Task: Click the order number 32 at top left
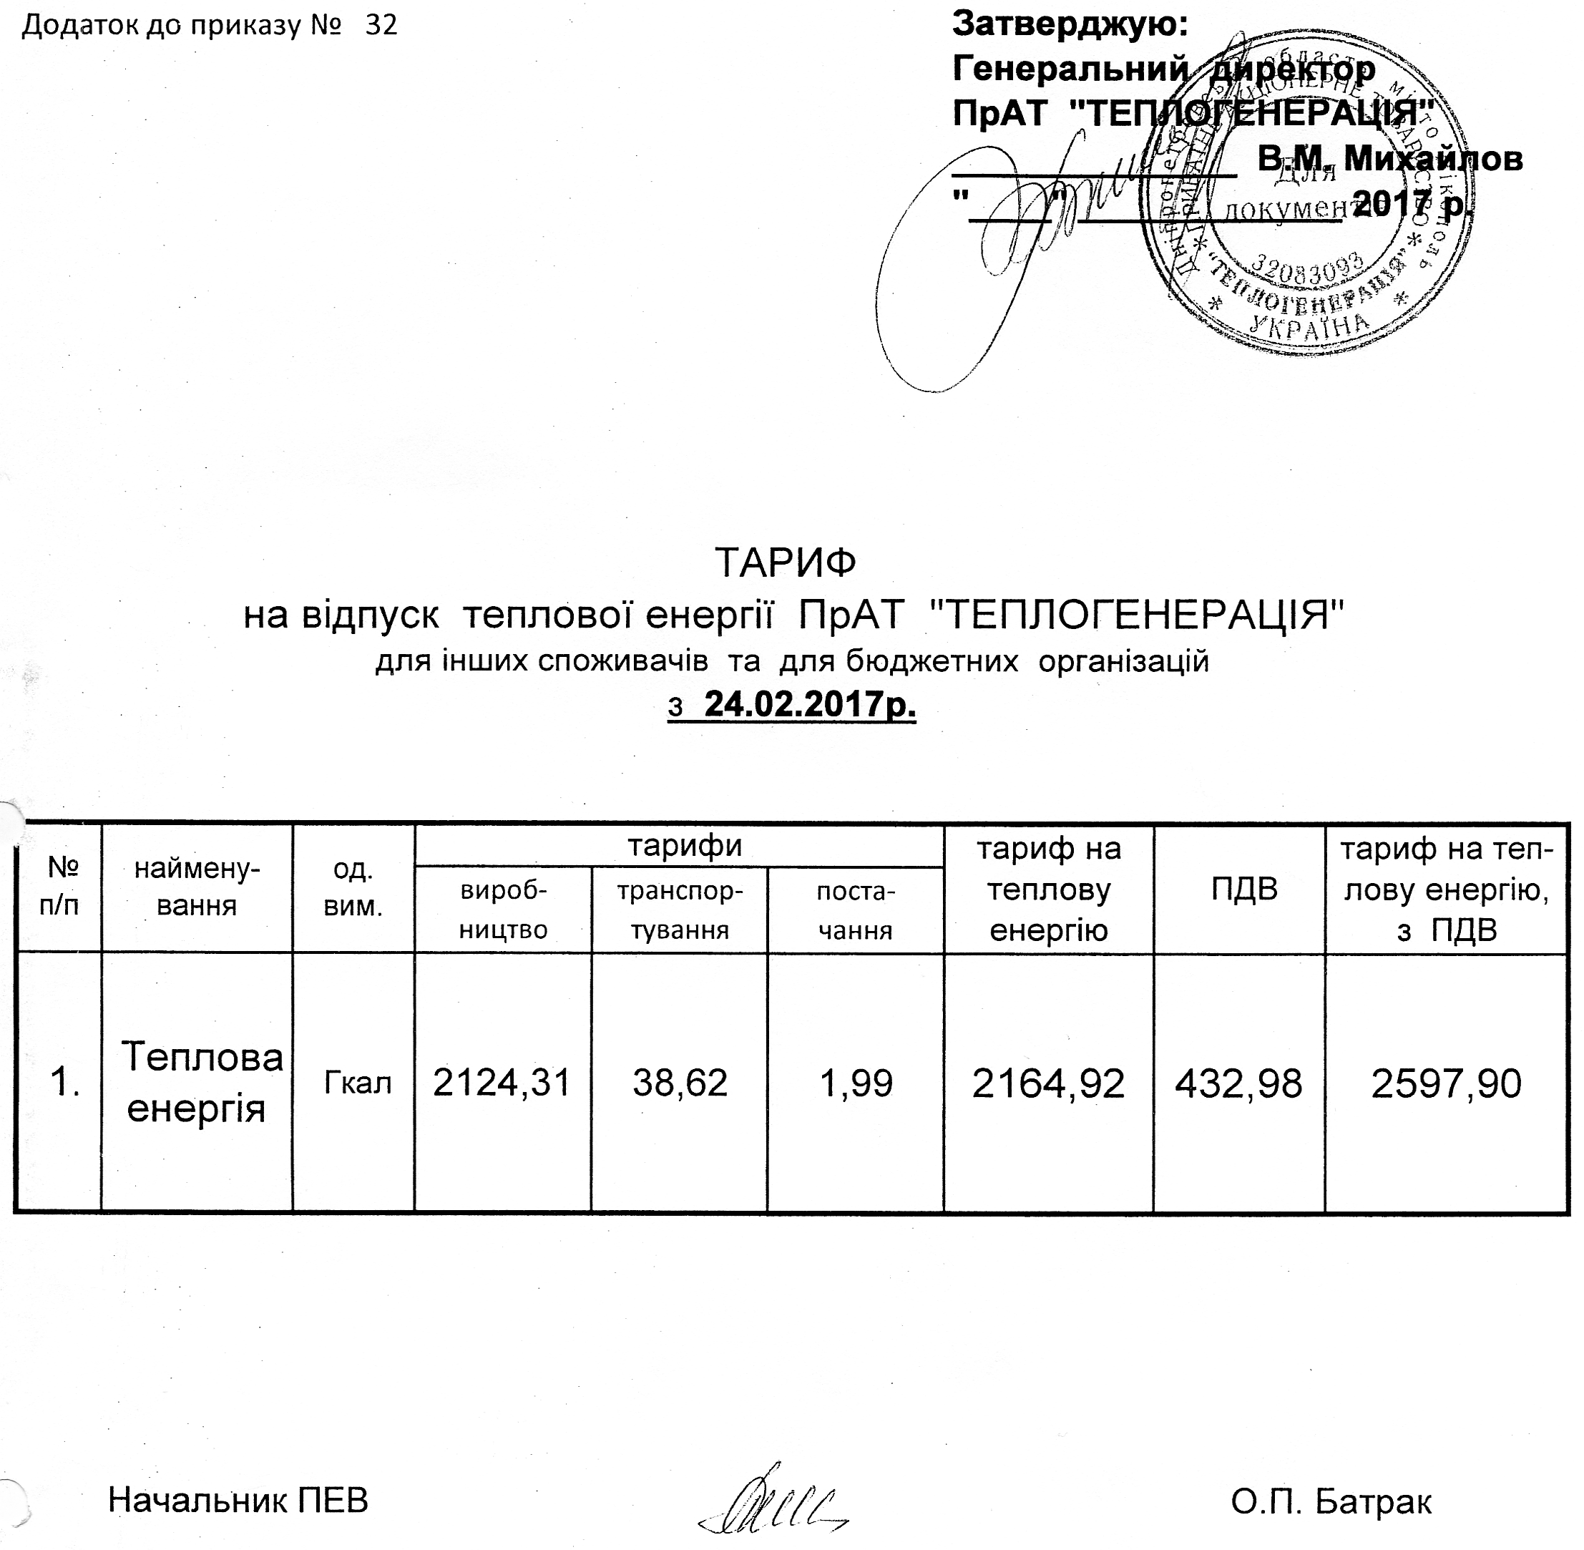click(381, 26)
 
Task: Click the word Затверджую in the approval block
click(1070, 24)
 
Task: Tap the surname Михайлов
click(1432, 158)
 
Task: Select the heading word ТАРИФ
click(786, 562)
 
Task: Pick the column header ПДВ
click(1243, 889)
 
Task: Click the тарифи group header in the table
click(685, 846)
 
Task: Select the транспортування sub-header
click(680, 910)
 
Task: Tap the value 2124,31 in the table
click(502, 1083)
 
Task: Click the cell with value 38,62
click(680, 1083)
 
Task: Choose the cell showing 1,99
click(856, 1083)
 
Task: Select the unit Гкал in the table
click(358, 1083)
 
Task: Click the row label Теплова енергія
click(197, 1083)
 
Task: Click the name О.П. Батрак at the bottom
click(1331, 1501)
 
